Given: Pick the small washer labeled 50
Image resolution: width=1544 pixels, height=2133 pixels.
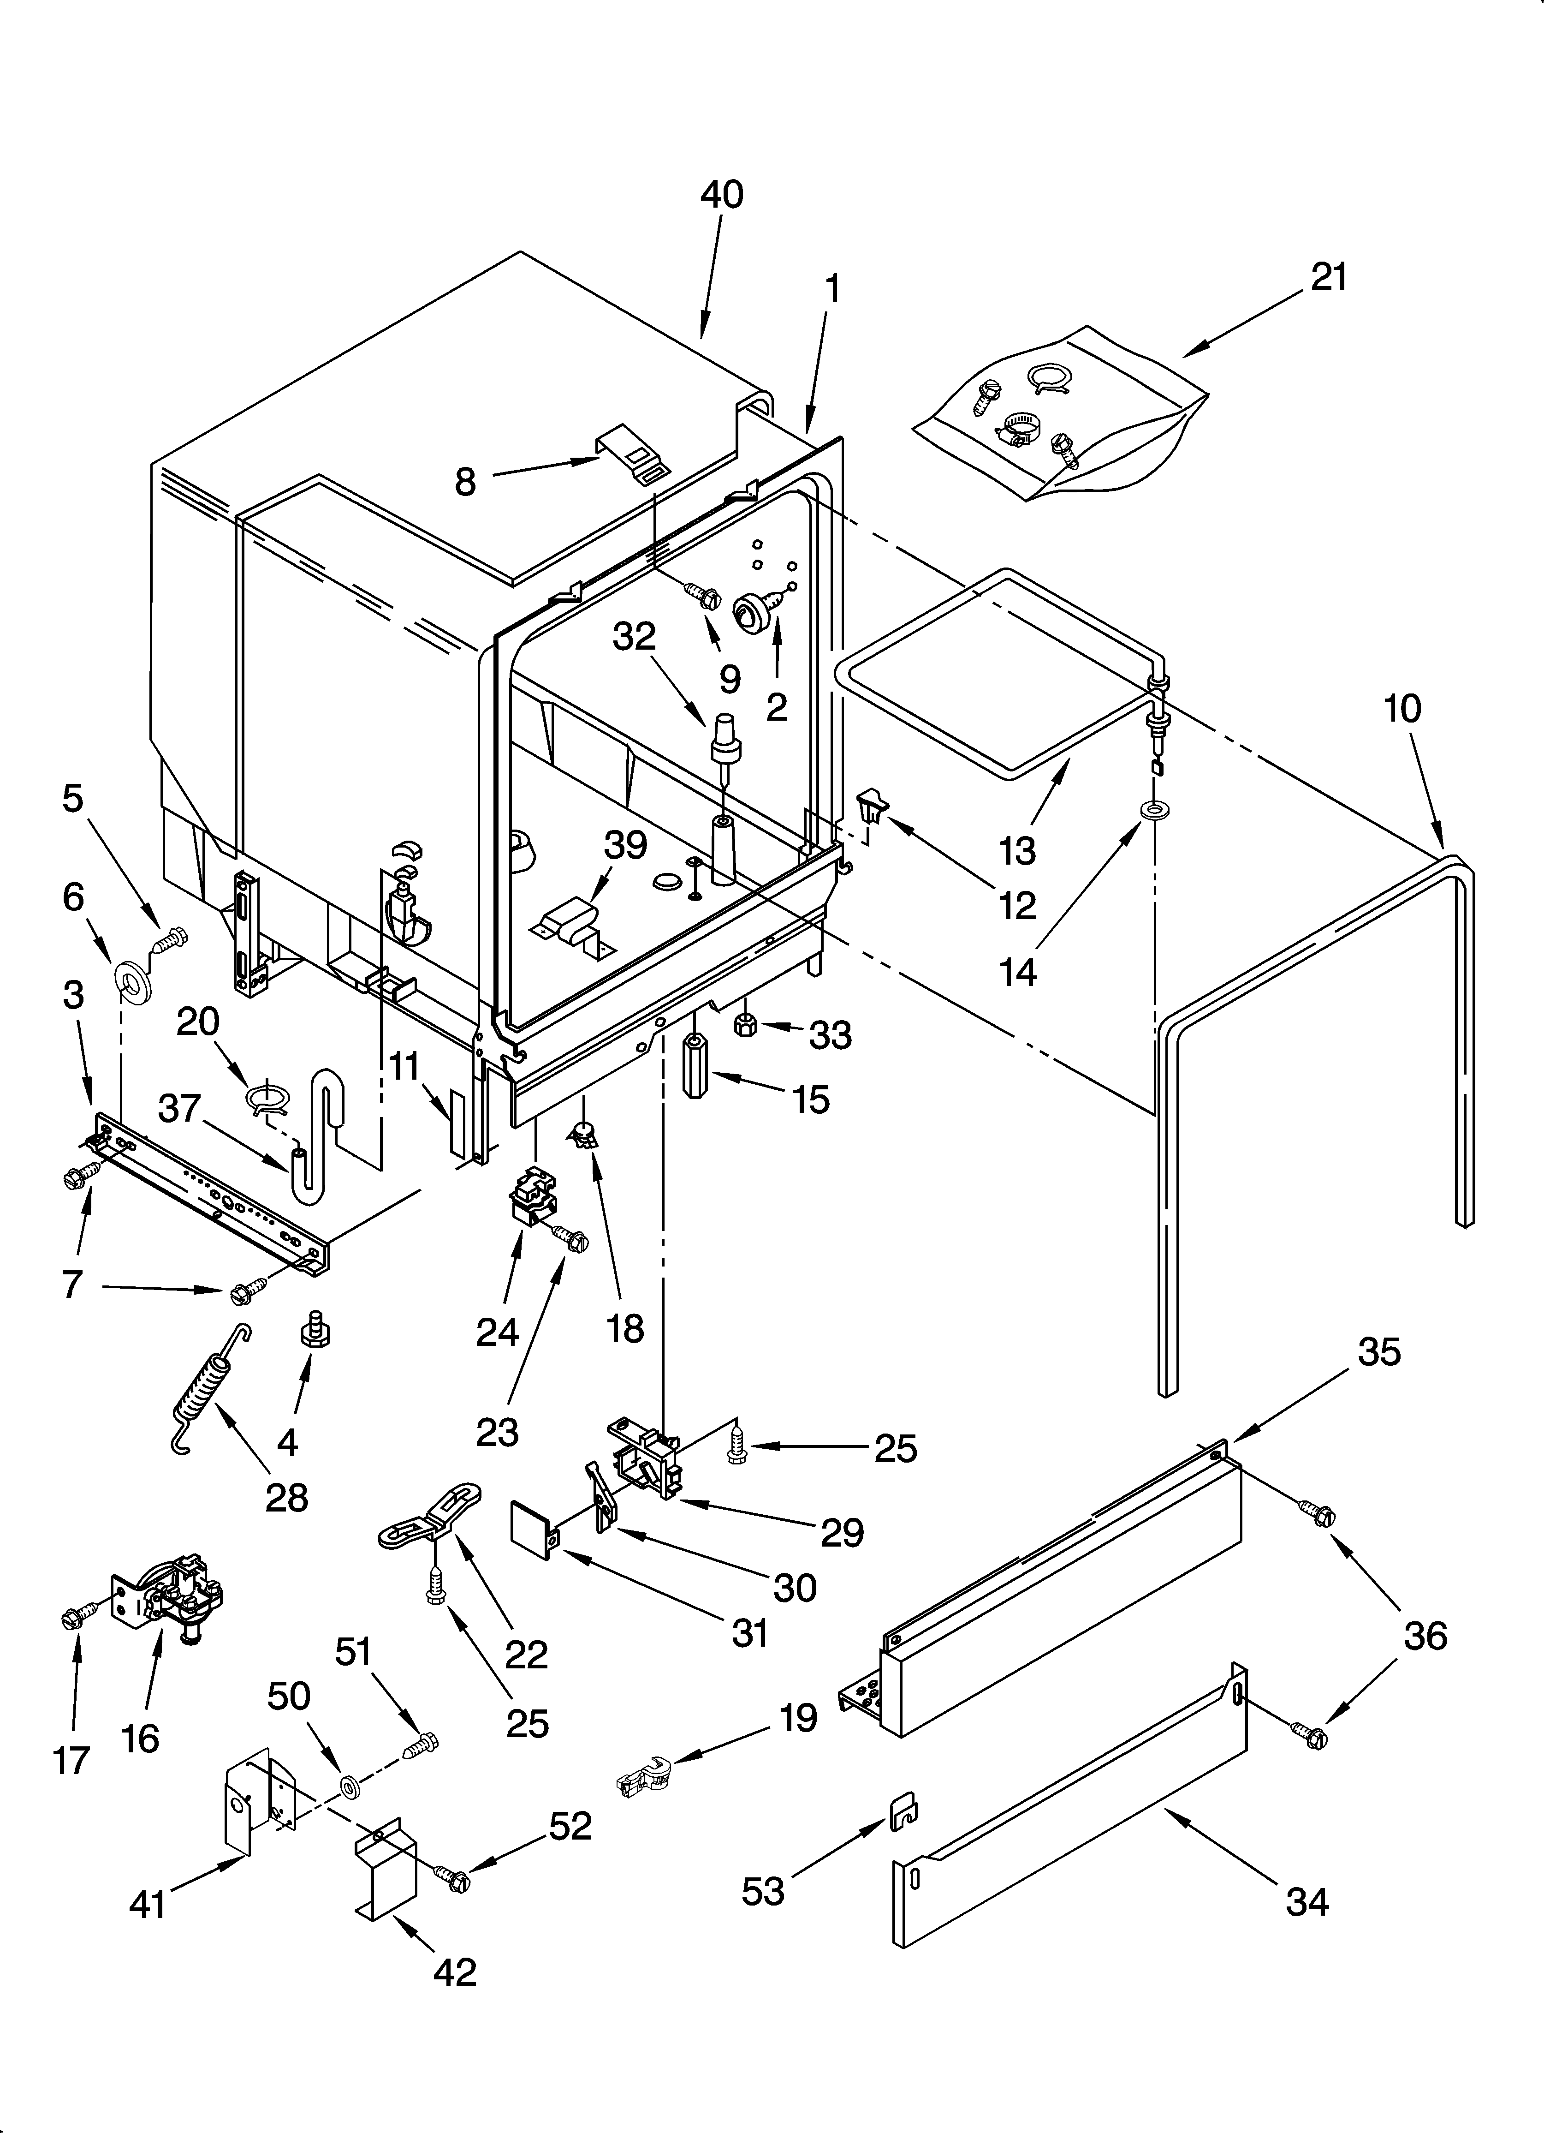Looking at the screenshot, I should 350,1785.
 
